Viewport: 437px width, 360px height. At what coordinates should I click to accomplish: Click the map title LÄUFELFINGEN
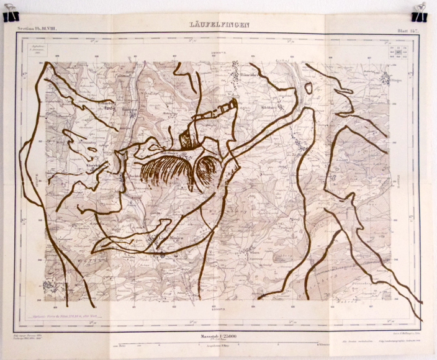pos(220,25)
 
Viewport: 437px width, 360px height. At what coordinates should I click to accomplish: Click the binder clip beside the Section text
pos(11,14)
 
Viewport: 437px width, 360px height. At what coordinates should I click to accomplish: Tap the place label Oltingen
pos(386,78)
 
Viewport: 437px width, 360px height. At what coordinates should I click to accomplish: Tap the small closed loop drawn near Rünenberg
pos(309,88)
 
